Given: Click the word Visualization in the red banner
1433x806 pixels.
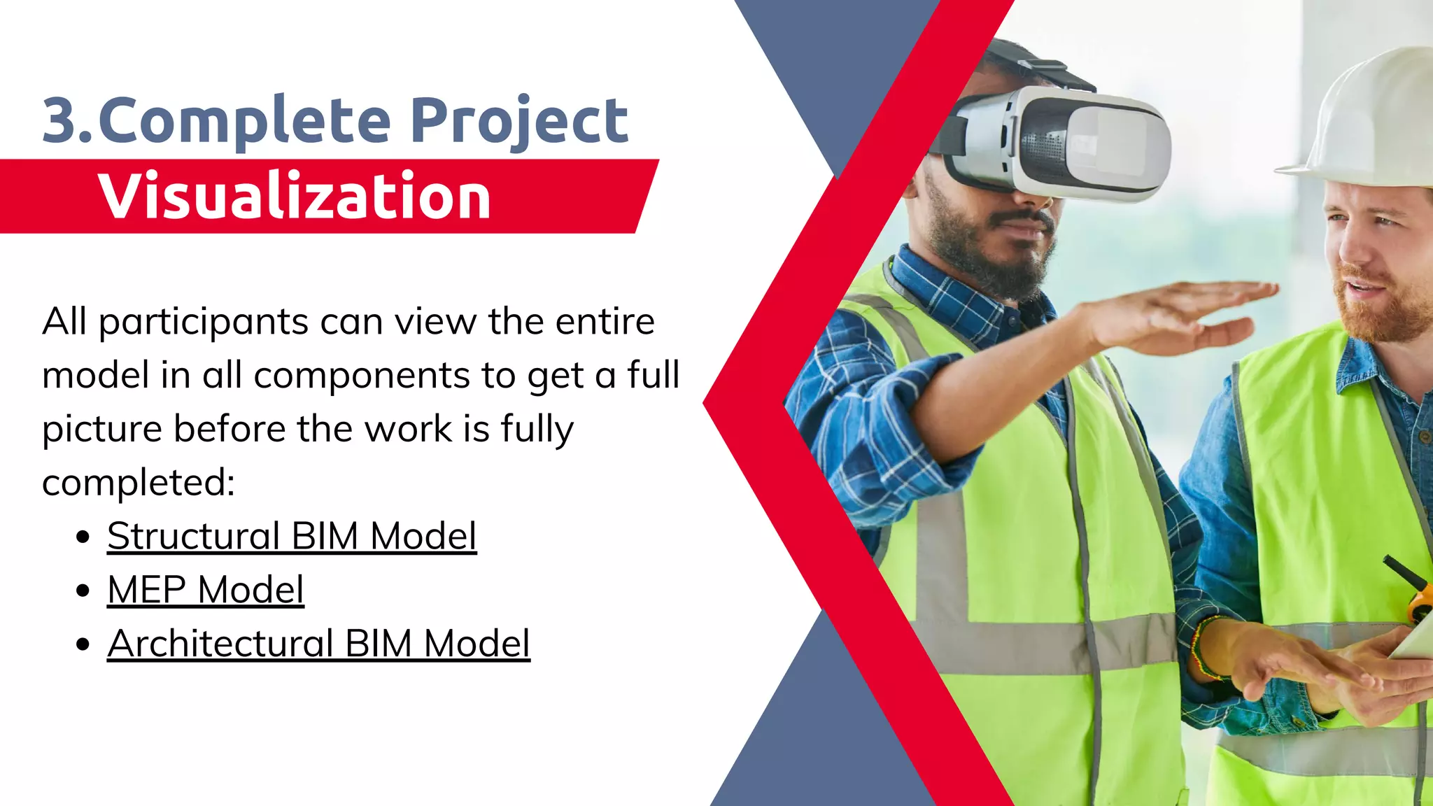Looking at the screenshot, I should point(294,196).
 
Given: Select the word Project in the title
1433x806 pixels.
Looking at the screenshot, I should point(518,121).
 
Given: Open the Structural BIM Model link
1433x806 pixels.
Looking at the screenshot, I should point(292,537).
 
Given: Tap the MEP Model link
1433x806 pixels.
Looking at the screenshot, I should point(206,590).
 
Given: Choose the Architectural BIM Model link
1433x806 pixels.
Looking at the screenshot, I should point(318,644).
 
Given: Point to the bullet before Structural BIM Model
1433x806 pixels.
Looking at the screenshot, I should point(83,537).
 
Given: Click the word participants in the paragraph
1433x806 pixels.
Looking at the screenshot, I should point(204,323).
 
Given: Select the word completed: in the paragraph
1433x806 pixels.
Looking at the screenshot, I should point(139,483).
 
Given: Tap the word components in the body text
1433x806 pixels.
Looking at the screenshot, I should point(362,376).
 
